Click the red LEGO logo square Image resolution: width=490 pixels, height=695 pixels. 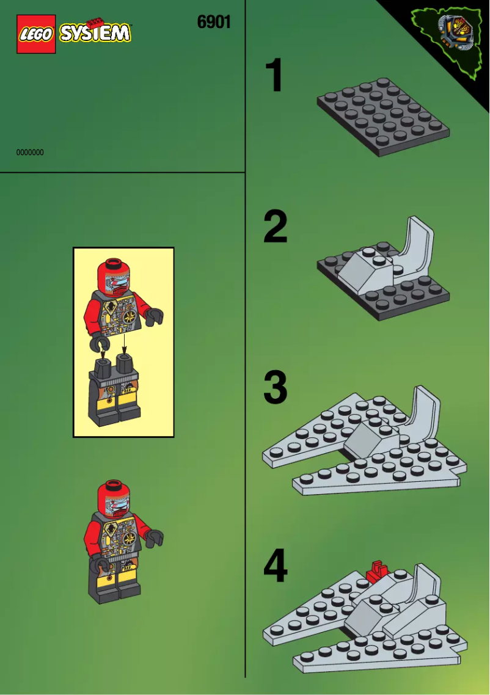[35, 34]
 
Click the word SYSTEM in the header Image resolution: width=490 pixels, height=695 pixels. [95, 33]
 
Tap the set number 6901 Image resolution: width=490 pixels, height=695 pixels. [214, 23]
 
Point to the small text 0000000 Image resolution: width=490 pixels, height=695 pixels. [30, 153]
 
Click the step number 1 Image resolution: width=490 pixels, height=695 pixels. [274, 76]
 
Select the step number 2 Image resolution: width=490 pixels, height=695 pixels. [276, 227]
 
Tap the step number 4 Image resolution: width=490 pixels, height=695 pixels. [276, 566]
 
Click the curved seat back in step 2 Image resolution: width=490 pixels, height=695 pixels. [418, 244]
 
